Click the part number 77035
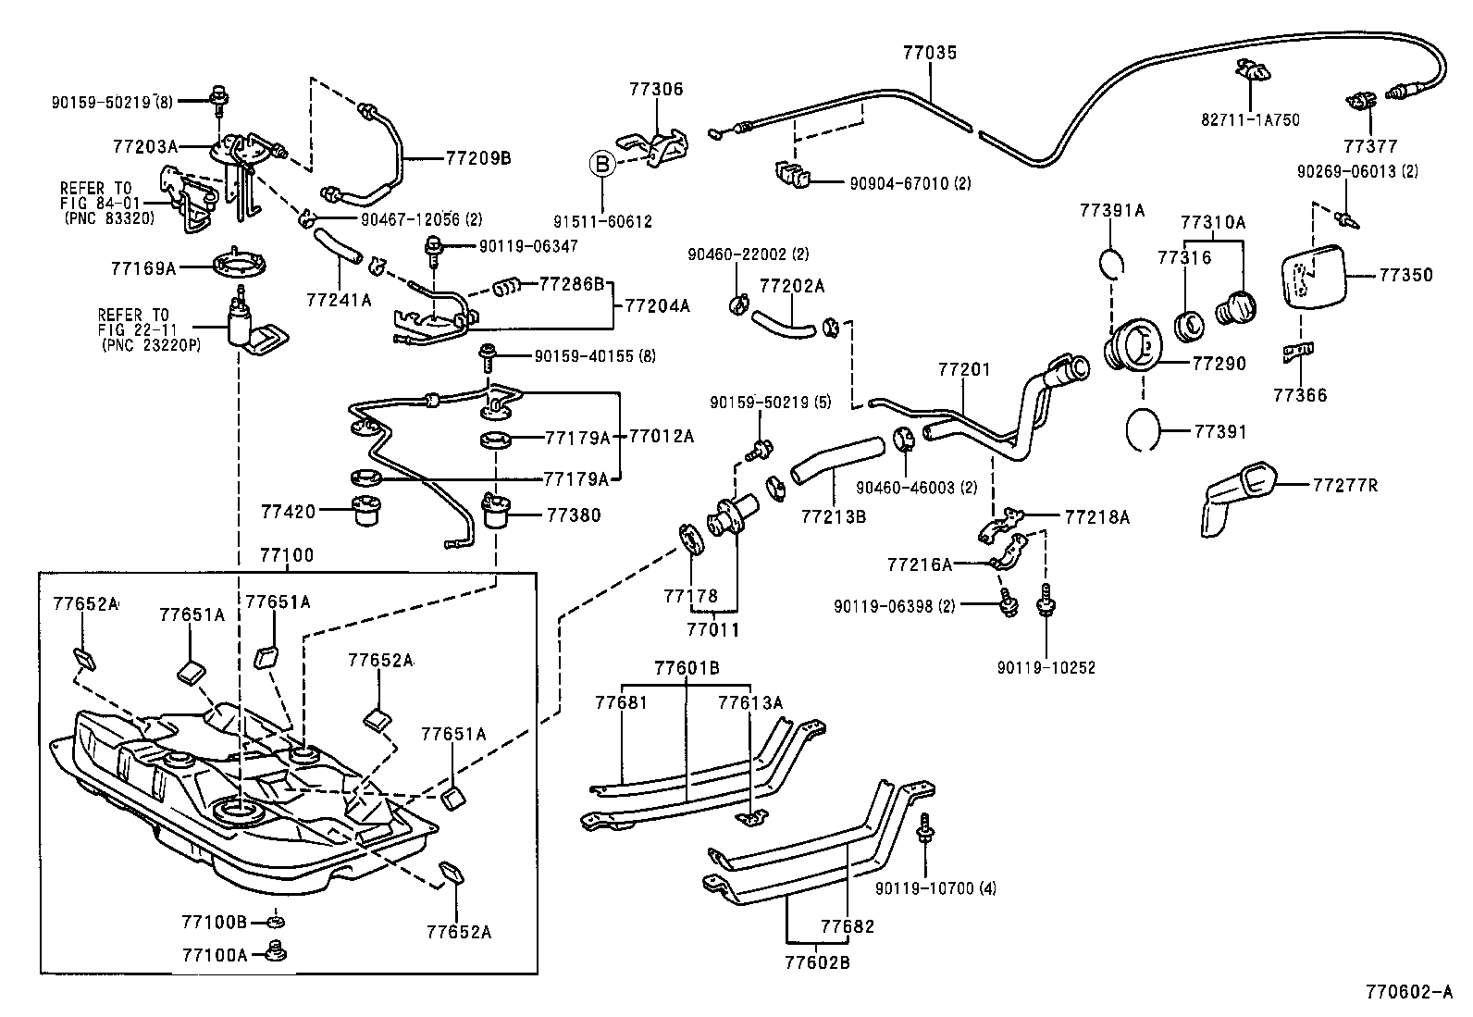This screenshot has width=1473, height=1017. click(930, 53)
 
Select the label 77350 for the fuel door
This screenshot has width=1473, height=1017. click(1405, 275)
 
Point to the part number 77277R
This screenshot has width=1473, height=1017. click(1344, 484)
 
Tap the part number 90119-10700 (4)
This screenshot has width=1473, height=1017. click(935, 888)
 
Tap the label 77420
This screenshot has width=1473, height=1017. click(288, 511)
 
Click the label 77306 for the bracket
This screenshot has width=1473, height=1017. click(656, 90)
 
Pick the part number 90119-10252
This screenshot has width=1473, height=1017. click(1046, 667)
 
